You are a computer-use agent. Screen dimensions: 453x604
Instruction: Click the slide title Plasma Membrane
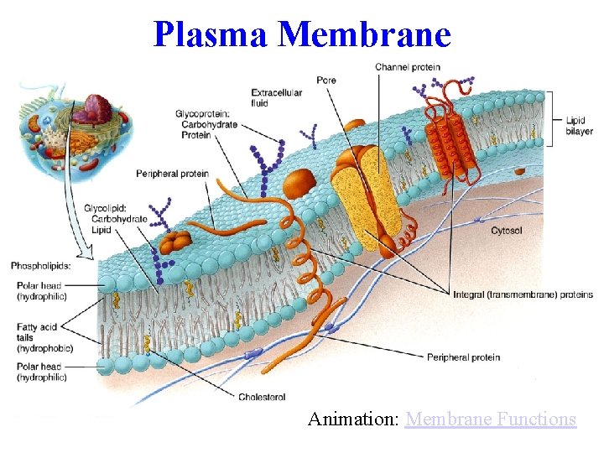coord(302,34)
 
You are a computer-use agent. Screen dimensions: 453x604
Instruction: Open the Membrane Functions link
coord(490,419)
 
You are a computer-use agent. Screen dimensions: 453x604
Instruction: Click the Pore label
coord(325,81)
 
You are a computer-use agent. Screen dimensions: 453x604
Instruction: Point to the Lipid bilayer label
coord(579,125)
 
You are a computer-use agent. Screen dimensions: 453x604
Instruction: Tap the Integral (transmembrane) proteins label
coord(522,294)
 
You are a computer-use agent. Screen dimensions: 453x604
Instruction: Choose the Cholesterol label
coord(262,397)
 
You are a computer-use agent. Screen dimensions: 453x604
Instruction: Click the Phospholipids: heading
coord(40,266)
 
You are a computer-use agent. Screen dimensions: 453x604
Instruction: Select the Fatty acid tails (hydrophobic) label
coord(44,337)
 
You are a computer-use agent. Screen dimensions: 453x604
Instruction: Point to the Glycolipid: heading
coord(106,208)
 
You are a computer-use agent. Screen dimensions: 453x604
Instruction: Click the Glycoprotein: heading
coord(206,113)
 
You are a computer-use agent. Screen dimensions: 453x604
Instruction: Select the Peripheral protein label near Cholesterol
coord(463,357)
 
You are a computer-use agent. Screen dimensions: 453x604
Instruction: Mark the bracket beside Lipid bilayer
coord(553,117)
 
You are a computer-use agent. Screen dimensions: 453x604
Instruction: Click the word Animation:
coord(353,419)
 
